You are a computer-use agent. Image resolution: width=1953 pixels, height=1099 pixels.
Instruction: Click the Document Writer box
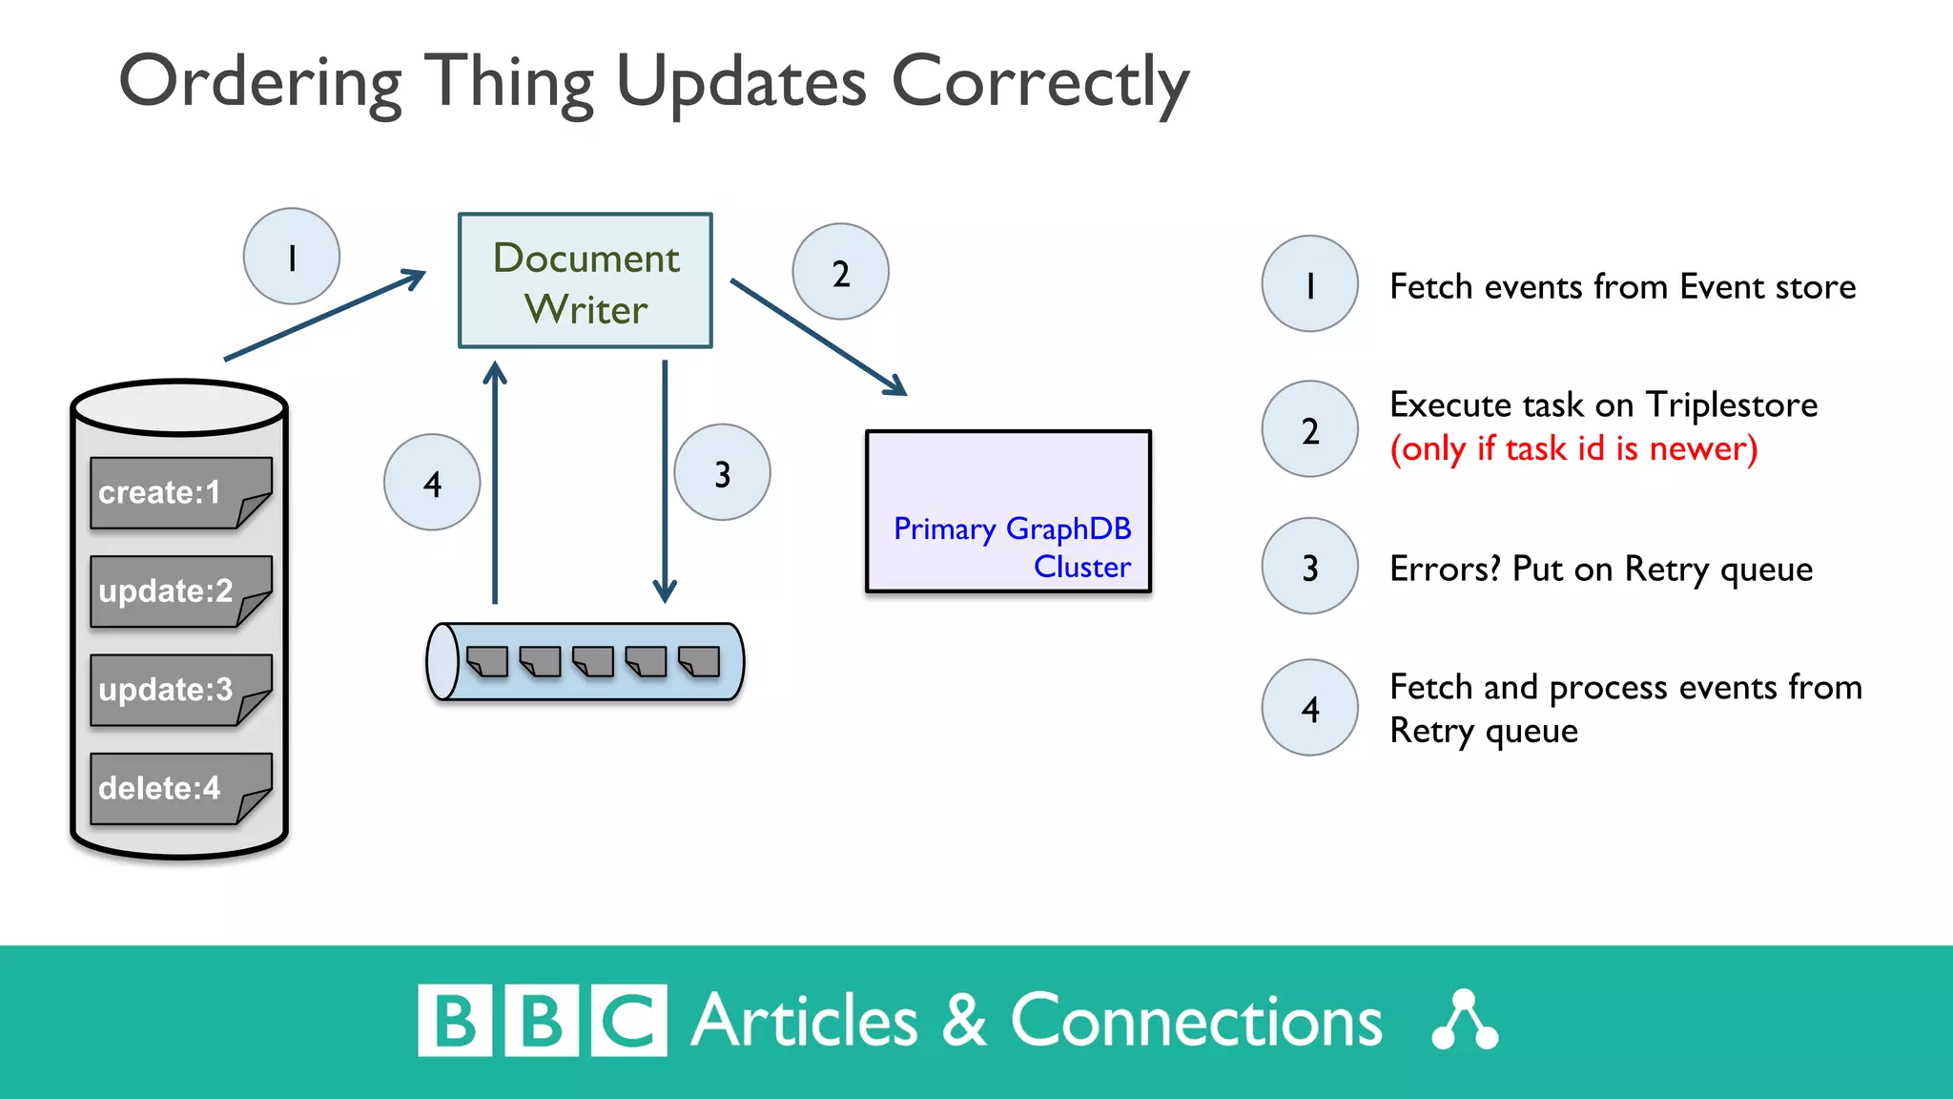pos(586,280)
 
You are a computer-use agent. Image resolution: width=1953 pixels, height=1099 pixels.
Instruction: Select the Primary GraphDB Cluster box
pos(1008,511)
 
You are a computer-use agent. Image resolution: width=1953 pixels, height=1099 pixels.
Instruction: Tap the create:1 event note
pos(178,492)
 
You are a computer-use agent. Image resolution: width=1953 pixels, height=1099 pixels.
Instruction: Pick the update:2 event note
pos(178,591)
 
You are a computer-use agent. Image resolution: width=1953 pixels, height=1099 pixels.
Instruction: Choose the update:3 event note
pos(178,690)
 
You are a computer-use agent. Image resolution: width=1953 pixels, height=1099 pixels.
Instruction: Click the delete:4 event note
pos(178,789)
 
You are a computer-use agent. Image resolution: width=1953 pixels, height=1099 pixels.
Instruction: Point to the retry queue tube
pos(586,662)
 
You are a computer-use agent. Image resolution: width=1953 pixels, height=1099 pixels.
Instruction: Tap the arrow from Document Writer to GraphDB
pos(818,337)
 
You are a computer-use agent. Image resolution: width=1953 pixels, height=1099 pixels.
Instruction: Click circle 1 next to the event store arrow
pos(292,257)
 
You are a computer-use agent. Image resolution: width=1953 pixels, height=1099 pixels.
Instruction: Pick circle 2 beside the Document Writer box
pos(840,272)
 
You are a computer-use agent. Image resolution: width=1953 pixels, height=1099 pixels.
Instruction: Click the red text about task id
pos(1573,448)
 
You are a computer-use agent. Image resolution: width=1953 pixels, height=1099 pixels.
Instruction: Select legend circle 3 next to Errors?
pos(1309,567)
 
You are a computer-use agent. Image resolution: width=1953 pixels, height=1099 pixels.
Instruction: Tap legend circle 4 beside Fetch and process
pos(1309,708)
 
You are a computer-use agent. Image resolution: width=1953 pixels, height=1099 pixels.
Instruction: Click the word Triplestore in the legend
pos(1732,405)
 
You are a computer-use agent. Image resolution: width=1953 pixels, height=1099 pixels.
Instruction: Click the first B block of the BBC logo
pos(455,1021)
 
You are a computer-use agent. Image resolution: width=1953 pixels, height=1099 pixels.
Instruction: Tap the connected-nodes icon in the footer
pos(1465,1021)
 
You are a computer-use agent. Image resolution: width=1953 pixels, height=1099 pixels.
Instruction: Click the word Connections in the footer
pos(1196,1021)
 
